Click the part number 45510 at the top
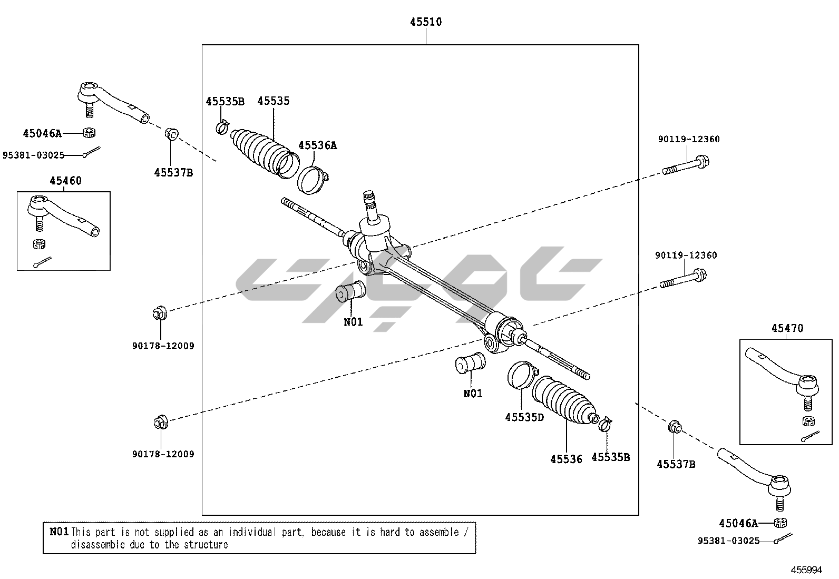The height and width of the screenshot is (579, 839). [426, 22]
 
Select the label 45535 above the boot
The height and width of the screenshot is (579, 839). [274, 101]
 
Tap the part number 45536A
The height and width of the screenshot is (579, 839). [317, 145]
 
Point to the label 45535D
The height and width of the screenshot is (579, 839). [524, 417]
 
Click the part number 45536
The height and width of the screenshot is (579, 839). [566, 459]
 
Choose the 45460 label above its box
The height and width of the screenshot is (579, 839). [65, 181]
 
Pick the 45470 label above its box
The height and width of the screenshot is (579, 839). [787, 328]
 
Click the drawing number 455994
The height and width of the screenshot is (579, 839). [806, 570]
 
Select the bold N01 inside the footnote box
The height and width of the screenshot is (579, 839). [59, 532]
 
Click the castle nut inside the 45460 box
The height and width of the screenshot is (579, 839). [38, 244]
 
